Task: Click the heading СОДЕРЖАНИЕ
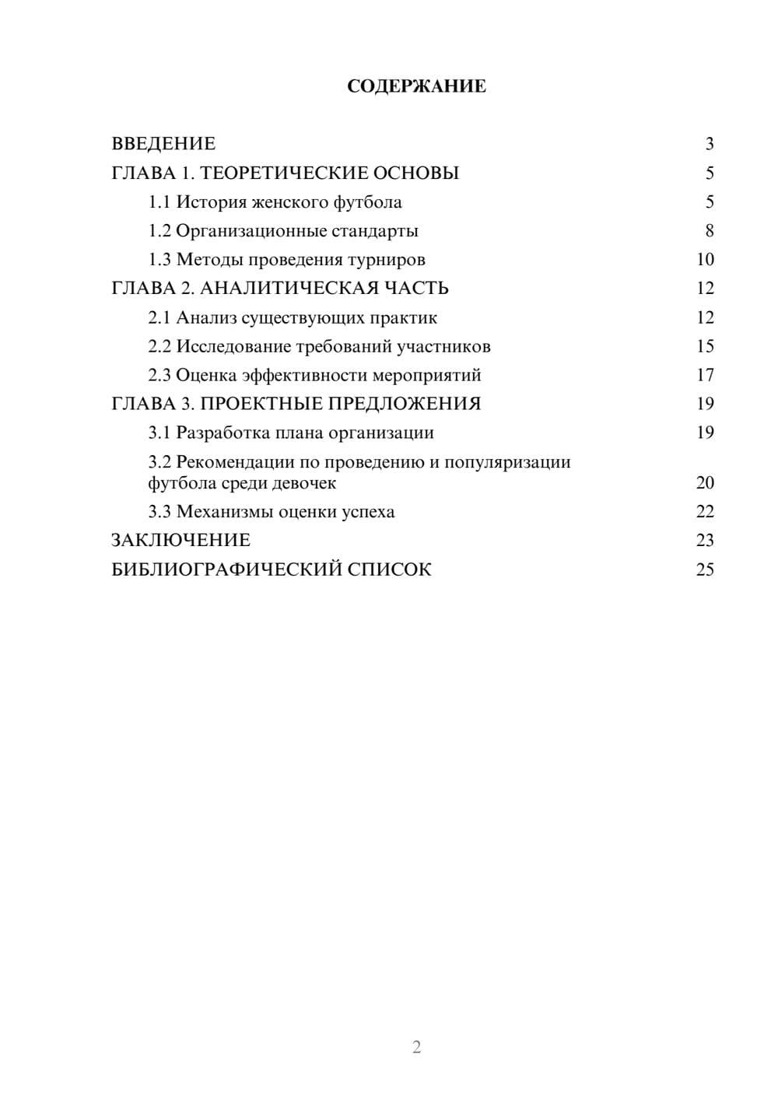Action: tap(416, 86)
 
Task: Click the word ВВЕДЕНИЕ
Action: tap(163, 144)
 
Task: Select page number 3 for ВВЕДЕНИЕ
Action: tap(709, 144)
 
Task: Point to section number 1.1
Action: tap(159, 202)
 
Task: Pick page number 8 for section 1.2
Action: tap(709, 231)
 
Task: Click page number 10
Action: tap(705, 260)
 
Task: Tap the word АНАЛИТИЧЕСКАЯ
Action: tap(289, 289)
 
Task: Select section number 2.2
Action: tap(159, 346)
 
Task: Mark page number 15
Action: tap(705, 346)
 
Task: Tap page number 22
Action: tap(705, 512)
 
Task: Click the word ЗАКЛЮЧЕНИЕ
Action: tap(180, 541)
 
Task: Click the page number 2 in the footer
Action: tap(416, 1047)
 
